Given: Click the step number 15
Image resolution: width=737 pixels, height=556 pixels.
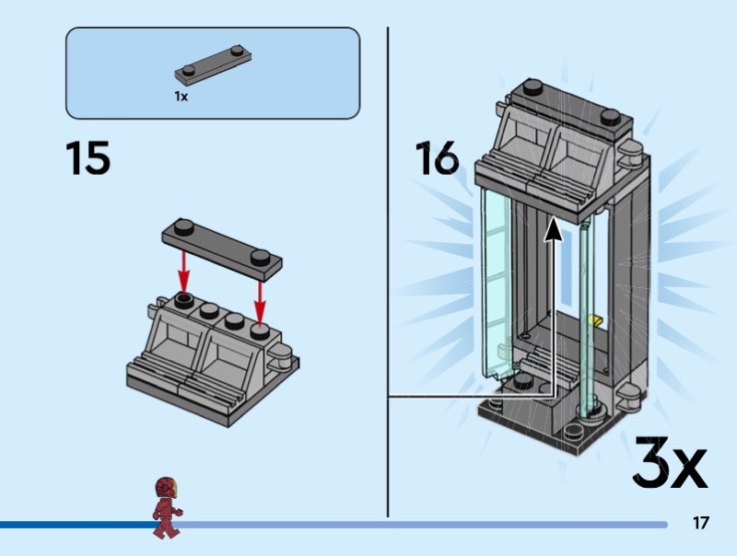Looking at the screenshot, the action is point(88,157).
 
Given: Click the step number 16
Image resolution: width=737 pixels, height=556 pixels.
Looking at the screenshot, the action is point(437,157).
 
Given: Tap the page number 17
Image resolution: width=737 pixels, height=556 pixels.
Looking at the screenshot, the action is point(700,523).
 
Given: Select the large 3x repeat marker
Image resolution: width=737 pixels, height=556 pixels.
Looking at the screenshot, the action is point(670,462).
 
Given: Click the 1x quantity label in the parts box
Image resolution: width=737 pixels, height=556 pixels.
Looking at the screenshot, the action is point(181,97).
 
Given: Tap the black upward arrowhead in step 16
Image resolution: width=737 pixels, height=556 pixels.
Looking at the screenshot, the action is point(554,230).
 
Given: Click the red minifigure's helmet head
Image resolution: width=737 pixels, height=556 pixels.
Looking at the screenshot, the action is point(167,489).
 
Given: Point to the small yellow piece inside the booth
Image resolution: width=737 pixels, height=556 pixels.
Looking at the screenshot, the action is point(595,320).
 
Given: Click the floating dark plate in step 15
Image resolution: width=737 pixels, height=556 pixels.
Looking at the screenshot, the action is point(222,250).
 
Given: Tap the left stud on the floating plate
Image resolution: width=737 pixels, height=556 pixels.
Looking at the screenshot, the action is point(183,227).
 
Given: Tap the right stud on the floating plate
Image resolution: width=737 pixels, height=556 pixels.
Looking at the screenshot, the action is point(260,258).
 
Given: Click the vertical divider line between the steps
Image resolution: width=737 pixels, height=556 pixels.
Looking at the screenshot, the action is point(388,272).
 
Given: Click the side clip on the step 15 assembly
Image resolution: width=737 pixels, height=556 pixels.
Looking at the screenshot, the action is point(281,355).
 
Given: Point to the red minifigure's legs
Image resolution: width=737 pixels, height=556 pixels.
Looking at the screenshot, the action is point(166,526).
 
